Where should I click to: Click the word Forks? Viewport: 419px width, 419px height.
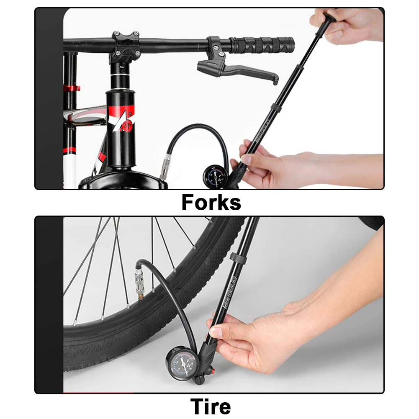click(x=211, y=203)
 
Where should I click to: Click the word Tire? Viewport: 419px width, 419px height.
click(x=211, y=406)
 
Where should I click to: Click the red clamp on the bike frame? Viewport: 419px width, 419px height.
click(x=72, y=89)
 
